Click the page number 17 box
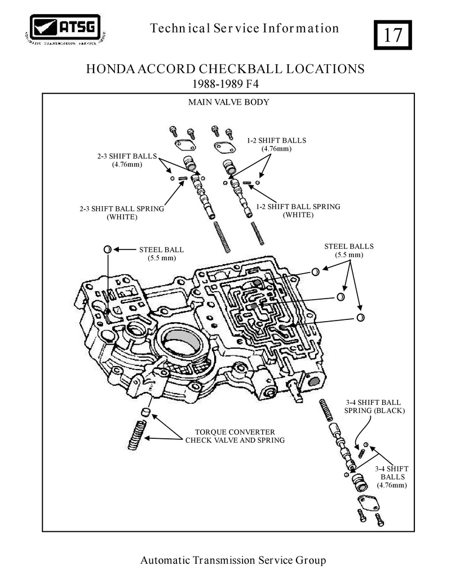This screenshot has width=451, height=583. [x=392, y=34]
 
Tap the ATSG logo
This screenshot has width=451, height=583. [x=65, y=30]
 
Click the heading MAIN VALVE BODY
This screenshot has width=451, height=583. [x=228, y=103]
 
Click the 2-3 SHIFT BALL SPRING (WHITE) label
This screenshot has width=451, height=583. [x=122, y=212]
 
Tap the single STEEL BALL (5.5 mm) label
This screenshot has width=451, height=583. [x=162, y=253]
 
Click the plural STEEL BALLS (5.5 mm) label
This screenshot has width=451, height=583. [x=349, y=250]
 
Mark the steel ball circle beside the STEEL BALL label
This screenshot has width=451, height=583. [x=107, y=250]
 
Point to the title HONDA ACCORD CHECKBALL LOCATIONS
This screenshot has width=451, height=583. [x=225, y=69]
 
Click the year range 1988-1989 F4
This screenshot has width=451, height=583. [x=225, y=83]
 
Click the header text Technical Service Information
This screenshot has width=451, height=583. [x=245, y=28]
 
